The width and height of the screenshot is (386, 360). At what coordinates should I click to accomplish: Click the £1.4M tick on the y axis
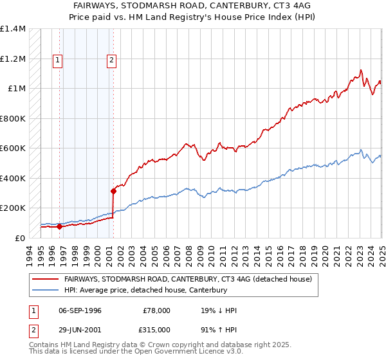click(x=13, y=29)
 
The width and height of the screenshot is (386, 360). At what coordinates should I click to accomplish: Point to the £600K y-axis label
click(x=13, y=148)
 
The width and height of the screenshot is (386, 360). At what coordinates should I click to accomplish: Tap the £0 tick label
click(x=21, y=238)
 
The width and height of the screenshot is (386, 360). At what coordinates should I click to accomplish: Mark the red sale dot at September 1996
click(x=59, y=226)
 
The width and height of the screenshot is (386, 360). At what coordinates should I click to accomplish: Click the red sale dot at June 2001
click(x=113, y=191)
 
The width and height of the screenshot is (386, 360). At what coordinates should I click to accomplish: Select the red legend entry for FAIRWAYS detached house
click(x=188, y=279)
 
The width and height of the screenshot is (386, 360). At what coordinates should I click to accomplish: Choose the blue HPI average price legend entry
click(x=145, y=291)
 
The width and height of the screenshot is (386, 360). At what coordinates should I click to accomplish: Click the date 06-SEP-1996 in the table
click(x=80, y=310)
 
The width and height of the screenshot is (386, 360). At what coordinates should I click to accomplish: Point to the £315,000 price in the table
click(x=157, y=328)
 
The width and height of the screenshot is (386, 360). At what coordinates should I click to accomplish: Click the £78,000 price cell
click(x=157, y=310)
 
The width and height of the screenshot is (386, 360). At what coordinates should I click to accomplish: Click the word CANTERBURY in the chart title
click(x=225, y=4)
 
